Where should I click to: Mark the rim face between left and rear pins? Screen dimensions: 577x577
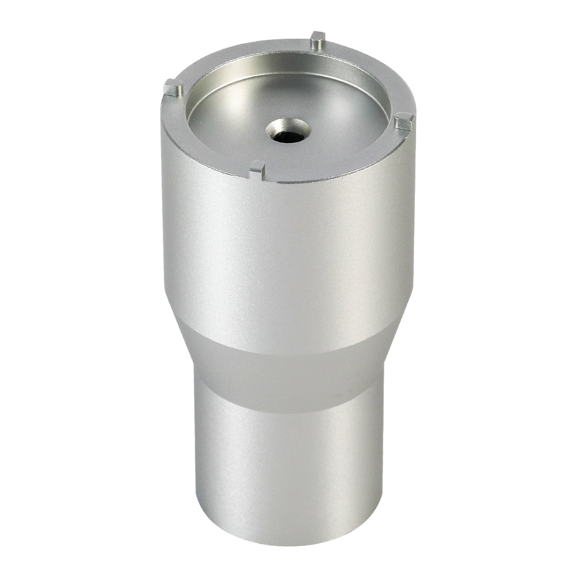[231, 55]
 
